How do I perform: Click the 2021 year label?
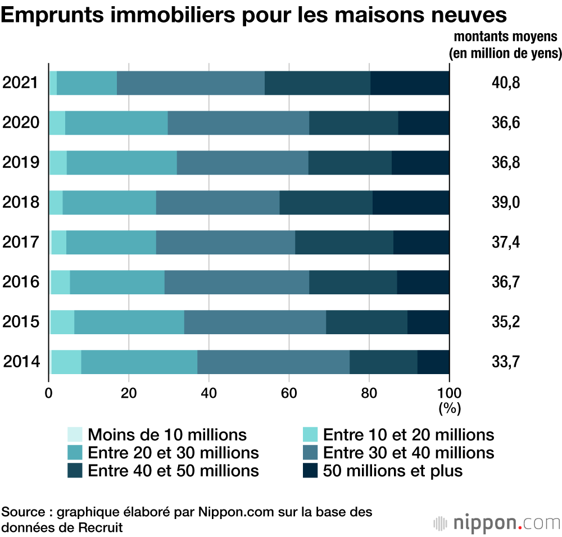click(20, 83)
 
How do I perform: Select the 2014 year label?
click(20, 362)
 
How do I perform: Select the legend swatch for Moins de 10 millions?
click(75, 434)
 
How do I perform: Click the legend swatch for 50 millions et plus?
click(310, 470)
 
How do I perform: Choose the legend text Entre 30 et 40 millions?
click(409, 452)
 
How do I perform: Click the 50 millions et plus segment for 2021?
click(410, 83)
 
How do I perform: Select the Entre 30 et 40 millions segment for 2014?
click(273, 362)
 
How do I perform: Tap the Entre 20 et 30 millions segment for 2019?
click(121, 163)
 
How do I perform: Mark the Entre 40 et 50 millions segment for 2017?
click(344, 242)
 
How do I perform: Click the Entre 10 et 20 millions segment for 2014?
click(66, 362)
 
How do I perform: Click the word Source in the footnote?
click(22, 512)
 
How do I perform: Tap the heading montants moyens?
click(505, 37)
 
